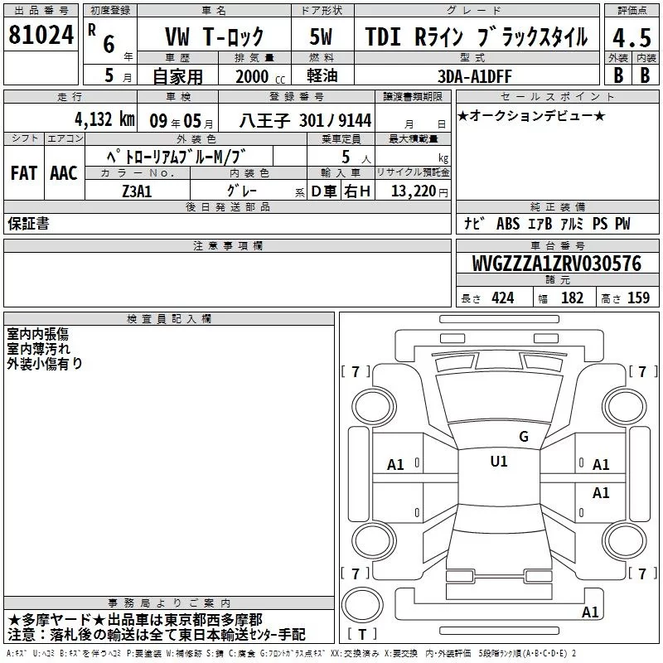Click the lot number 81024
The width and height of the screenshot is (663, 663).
click(41, 35)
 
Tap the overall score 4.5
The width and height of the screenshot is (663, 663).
click(632, 38)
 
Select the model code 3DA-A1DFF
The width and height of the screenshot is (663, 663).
click(474, 76)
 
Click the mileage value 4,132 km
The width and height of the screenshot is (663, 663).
click(104, 119)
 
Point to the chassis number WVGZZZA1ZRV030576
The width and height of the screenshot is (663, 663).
click(556, 264)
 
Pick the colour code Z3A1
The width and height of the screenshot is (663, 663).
click(137, 191)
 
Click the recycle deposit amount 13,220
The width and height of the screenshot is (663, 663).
click(414, 191)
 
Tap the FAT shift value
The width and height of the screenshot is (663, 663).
click(24, 173)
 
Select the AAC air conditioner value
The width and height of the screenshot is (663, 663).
click(64, 173)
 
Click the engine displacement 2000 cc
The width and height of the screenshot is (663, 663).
click(260, 76)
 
